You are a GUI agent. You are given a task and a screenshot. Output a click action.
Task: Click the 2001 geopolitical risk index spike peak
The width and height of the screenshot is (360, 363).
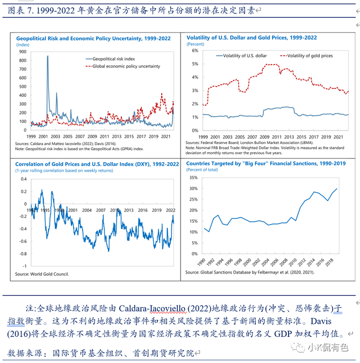click(48, 57)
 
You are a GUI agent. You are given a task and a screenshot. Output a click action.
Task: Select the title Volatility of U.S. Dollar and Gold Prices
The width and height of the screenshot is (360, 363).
click(251, 38)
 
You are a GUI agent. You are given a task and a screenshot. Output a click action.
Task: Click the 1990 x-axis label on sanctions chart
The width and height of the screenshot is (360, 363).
click(205, 261)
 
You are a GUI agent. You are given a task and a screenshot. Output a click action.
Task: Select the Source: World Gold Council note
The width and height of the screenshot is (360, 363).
click(42, 274)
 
